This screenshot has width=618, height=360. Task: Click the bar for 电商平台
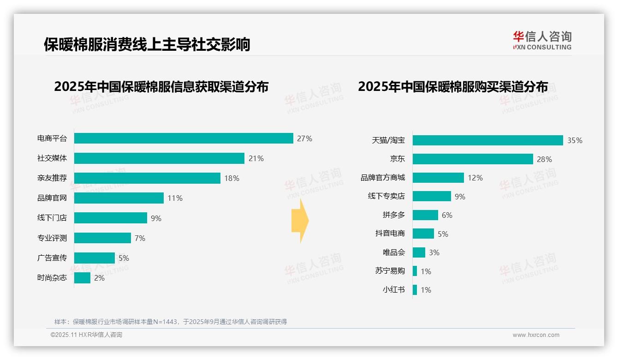click(x=184, y=138)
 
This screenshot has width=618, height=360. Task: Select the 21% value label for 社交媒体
click(x=256, y=158)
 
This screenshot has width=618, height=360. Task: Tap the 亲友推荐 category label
click(x=52, y=178)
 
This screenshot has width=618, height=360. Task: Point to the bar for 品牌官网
click(x=119, y=198)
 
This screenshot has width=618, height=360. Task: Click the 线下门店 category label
click(x=52, y=218)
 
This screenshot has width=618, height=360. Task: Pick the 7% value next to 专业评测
click(x=140, y=238)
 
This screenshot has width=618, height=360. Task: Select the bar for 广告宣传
click(x=95, y=258)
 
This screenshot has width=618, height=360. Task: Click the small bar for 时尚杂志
click(x=82, y=278)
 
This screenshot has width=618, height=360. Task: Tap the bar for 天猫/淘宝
click(x=487, y=140)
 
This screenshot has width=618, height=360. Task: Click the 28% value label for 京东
click(x=544, y=159)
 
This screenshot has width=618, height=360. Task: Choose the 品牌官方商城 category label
click(x=383, y=178)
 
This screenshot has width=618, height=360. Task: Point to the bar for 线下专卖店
click(x=432, y=196)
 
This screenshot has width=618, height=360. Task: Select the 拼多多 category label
click(x=393, y=215)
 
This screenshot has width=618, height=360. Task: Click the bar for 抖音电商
click(x=423, y=234)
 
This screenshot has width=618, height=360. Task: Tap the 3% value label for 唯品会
click(x=434, y=252)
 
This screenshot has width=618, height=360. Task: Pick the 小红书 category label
click(x=393, y=290)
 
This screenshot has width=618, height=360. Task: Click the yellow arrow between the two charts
click(x=300, y=221)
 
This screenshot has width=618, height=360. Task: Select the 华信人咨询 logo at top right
click(x=542, y=40)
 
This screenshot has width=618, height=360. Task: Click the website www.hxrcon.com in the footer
click(x=536, y=335)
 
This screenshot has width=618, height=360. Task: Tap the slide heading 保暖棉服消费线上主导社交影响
click(x=147, y=44)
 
